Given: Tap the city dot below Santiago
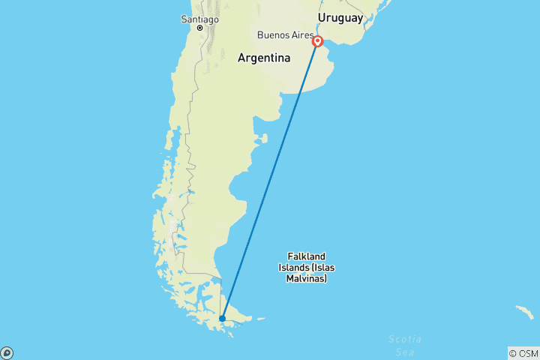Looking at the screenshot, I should [x=199, y=28].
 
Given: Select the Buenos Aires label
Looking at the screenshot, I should [x=284, y=35].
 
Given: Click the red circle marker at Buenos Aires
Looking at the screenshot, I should [x=317, y=42].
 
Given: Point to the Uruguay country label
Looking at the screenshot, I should [x=340, y=17].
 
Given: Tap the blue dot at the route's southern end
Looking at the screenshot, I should [x=222, y=319].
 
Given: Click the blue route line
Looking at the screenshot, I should [x=270, y=180].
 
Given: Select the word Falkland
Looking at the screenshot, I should [x=307, y=256].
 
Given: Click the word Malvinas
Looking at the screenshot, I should [x=307, y=279].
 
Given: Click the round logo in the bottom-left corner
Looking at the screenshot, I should [x=7, y=352].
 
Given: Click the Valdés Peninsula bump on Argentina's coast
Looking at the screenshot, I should [x=262, y=139].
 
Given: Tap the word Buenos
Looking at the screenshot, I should [x=272, y=35].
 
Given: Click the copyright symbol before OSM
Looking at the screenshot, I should [x=513, y=353].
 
